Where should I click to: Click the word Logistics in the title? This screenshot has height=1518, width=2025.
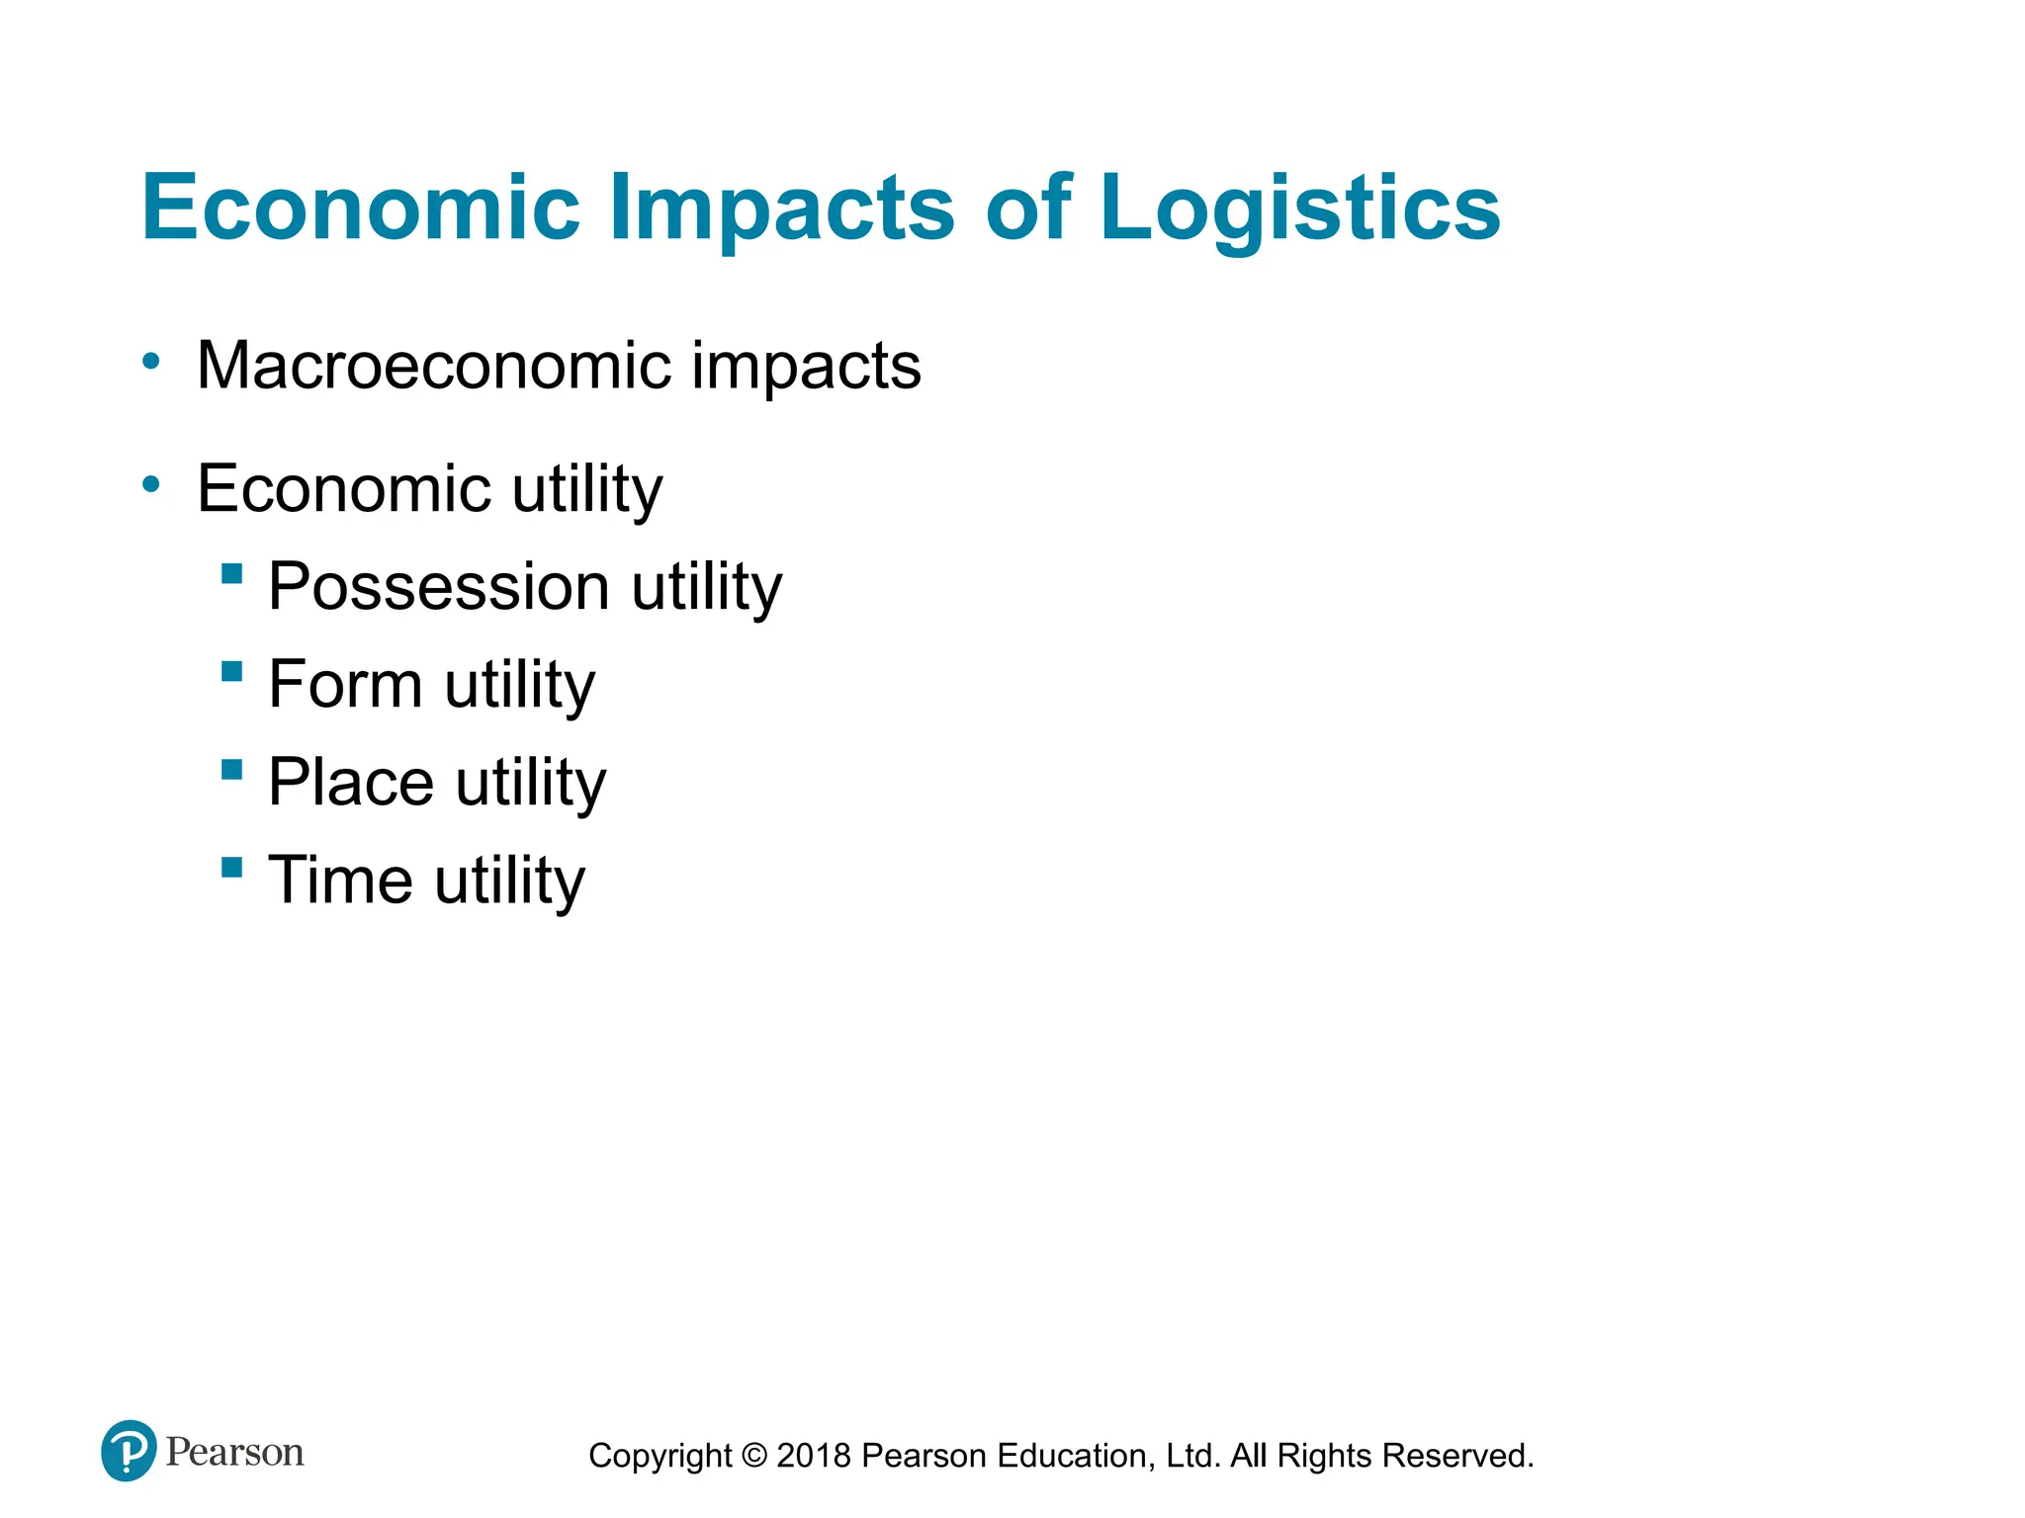click(x=1299, y=209)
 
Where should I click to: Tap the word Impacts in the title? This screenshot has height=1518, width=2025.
click(x=781, y=209)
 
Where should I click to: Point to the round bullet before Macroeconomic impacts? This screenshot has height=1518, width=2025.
click(x=150, y=362)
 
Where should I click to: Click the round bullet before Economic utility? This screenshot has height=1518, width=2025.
click(x=150, y=484)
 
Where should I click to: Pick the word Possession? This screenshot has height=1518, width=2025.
click(x=438, y=587)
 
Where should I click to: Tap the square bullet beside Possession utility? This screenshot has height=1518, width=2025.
click(x=232, y=573)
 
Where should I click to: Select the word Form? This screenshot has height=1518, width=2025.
click(x=345, y=684)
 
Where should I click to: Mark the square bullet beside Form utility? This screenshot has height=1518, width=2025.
click(x=232, y=672)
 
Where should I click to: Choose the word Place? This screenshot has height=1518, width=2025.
click(x=351, y=782)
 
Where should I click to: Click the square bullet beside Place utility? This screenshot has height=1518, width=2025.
click(x=232, y=770)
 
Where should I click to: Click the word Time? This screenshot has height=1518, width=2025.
click(x=340, y=880)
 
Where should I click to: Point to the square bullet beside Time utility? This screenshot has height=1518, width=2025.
click(x=232, y=868)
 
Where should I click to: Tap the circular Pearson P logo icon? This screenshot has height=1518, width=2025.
click(x=129, y=1450)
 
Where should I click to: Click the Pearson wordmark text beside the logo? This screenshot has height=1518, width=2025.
click(x=234, y=1452)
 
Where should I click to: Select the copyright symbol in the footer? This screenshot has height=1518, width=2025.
click(x=753, y=1456)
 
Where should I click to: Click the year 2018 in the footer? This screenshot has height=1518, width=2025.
click(x=814, y=1456)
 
